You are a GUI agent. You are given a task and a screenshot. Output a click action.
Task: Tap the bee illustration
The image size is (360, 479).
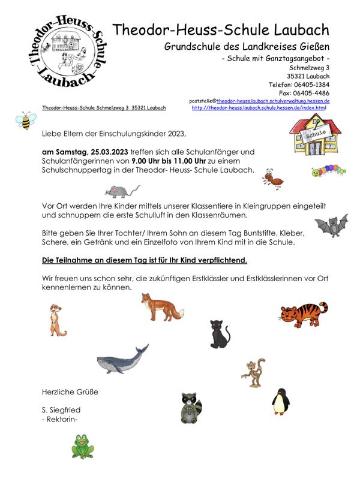pyautogui.click(x=26, y=120)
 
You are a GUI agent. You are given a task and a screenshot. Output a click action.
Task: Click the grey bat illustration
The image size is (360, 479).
pyautogui.click(x=331, y=226)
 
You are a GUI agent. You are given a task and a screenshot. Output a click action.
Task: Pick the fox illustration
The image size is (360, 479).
pyautogui.click(x=157, y=306)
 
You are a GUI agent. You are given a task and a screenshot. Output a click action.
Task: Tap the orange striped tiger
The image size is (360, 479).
pyautogui.click(x=303, y=316)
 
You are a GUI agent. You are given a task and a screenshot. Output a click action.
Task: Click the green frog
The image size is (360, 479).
pyautogui.click(x=82, y=447)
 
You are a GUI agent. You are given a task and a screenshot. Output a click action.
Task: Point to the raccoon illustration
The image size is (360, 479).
pyautogui.click(x=191, y=408)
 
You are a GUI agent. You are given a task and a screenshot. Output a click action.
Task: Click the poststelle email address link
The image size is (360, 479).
pyautogui.click(x=273, y=102)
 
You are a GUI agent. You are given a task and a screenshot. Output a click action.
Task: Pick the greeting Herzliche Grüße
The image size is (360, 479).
pyautogui.click(x=70, y=392)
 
